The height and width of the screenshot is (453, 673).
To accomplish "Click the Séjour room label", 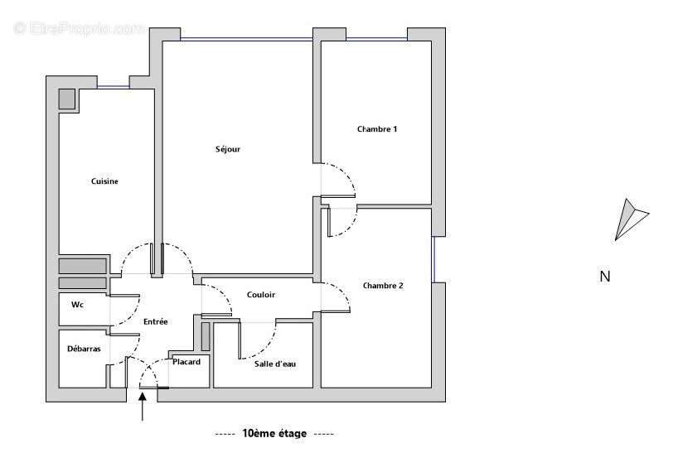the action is point(228,149).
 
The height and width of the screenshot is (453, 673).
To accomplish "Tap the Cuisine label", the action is point(104,181).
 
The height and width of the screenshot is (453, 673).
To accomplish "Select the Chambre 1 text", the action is point(377,128).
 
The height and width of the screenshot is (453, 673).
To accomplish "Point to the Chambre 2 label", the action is point(383,285).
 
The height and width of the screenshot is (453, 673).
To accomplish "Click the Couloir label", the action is point(261,294).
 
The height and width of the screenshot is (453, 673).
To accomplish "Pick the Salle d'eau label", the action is point(274,364).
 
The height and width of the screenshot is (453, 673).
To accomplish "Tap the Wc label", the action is point(77,304).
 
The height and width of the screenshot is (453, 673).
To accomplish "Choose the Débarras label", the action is point(84,349).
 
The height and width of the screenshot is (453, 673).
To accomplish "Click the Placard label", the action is point(186,362).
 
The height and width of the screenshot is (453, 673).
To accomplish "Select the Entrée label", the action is point(155,321).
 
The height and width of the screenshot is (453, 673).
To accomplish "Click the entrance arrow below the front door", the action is point(142,407).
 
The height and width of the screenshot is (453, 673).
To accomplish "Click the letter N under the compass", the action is point(605,277).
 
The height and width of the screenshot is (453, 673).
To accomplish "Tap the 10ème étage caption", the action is point(274,433).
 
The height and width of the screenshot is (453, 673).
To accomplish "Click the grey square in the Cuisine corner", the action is point(67,99).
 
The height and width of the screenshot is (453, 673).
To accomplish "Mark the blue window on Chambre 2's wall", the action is point(433,259).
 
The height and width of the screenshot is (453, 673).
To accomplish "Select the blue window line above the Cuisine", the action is point(113,87).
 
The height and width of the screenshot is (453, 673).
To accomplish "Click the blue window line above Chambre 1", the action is point(376,39).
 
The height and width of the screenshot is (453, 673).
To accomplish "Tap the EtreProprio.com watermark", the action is point(80,29).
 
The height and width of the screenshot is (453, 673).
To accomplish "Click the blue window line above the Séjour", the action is point(246,39).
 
